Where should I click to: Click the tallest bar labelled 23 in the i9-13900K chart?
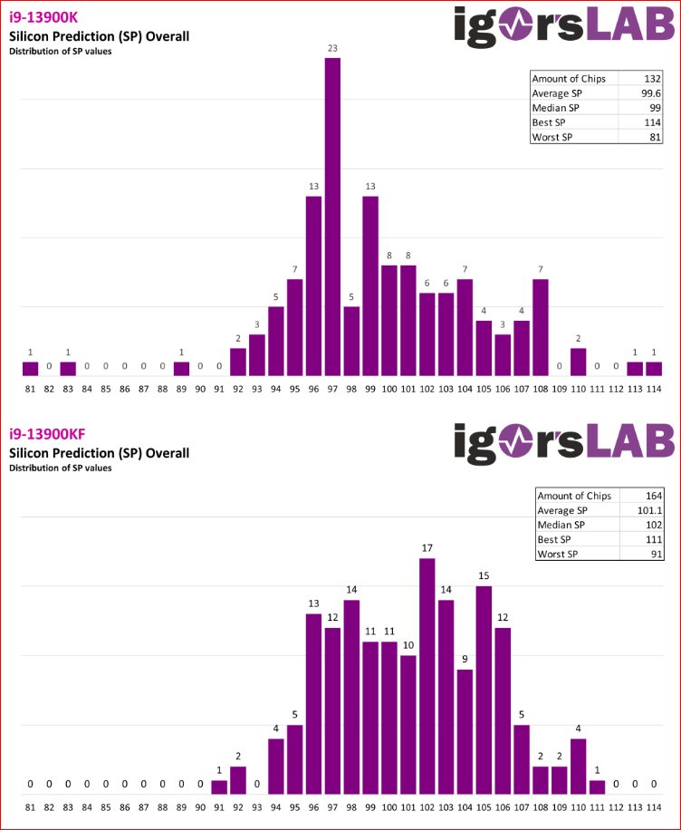[x=332, y=217]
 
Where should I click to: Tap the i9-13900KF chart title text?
[x=43, y=436]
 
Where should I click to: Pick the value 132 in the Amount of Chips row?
[x=649, y=79]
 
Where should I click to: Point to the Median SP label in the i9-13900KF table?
[x=561, y=525]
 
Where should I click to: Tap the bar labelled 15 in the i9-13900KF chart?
[x=484, y=689]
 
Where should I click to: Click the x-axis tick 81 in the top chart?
[x=30, y=390]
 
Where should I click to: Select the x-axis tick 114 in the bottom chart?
[x=654, y=806]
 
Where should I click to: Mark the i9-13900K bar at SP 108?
[x=541, y=327]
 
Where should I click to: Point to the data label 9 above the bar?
[x=465, y=659]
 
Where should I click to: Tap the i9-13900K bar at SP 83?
[x=68, y=369]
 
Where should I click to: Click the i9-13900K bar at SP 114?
[x=654, y=369]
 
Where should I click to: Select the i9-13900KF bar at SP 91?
[x=219, y=787]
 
